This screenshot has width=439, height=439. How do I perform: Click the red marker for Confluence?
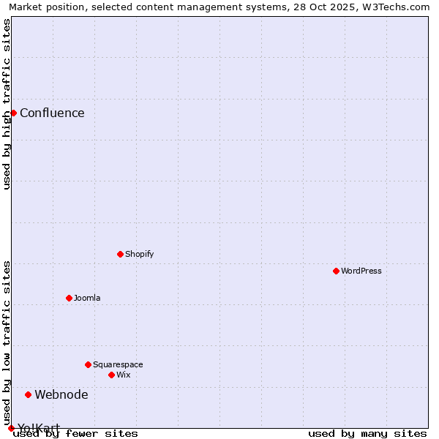click(13, 113)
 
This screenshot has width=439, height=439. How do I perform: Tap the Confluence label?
click(52, 113)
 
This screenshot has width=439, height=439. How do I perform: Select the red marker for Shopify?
click(120, 254)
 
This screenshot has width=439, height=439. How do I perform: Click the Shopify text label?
click(139, 254)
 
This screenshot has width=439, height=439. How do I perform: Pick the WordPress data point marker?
click(336, 271)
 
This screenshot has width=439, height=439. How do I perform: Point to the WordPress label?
click(361, 271)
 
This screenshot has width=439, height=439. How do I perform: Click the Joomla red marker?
click(69, 298)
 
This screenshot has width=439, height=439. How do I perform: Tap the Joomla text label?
click(87, 298)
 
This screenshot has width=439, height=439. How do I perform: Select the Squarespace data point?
click(88, 364)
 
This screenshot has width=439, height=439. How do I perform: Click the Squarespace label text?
click(118, 364)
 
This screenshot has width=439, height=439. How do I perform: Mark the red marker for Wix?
click(111, 375)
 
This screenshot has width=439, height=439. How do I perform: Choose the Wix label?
click(123, 375)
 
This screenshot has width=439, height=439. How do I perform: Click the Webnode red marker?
click(28, 394)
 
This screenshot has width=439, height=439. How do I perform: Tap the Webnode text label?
click(61, 394)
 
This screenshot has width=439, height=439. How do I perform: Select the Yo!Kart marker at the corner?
click(11, 428)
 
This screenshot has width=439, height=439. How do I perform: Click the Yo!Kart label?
click(39, 427)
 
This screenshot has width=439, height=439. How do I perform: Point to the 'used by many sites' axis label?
click(367, 433)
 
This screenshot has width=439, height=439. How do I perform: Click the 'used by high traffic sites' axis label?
click(7, 104)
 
